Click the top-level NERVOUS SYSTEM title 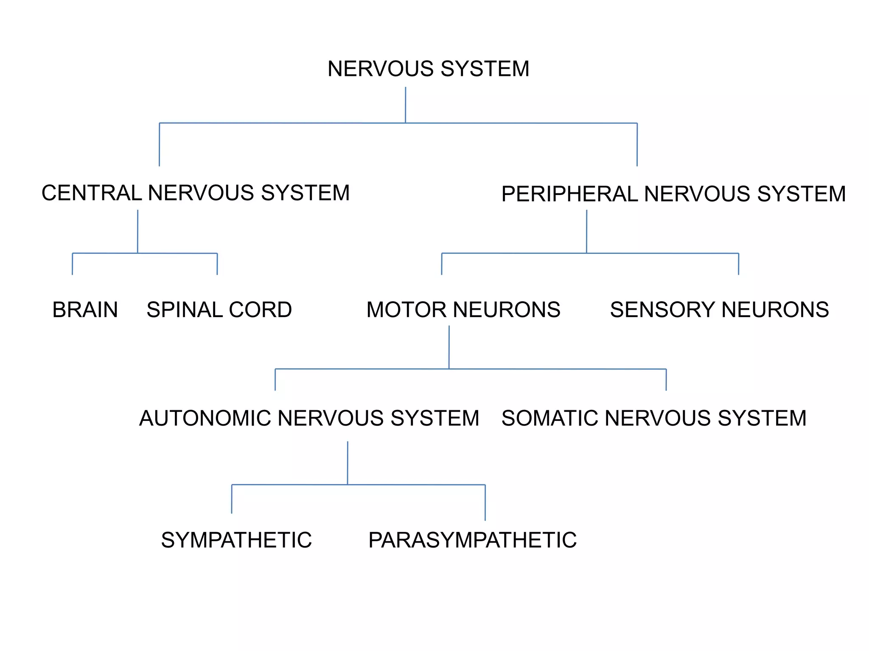[428, 69]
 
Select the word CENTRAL [92, 193]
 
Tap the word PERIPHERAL [569, 194]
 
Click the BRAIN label [85, 310]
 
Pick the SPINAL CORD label [219, 310]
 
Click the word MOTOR [406, 310]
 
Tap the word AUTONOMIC [205, 418]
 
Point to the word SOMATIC [550, 418]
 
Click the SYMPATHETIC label [236, 540]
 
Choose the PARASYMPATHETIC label [472, 540]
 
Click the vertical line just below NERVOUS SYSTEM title [405, 105]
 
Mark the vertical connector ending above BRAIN [73, 264]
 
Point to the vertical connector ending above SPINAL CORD [217, 264]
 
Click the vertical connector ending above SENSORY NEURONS [738, 264]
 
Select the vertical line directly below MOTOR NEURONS [449, 347]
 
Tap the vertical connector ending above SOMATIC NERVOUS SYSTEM [666, 380]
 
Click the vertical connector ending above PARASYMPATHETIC [485, 503]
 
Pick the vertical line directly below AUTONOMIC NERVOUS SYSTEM [348, 463]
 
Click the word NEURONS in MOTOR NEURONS [507, 310]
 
